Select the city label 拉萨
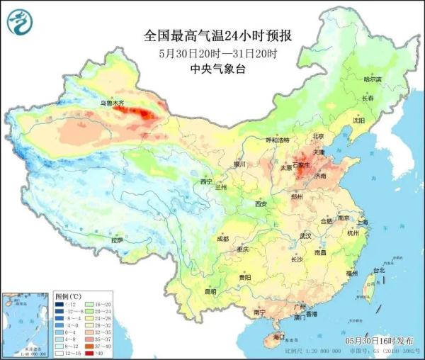click(118, 240)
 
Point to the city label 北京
click(317, 136)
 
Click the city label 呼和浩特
click(277, 140)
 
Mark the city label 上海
click(363, 221)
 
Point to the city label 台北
click(378, 270)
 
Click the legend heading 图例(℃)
click(69, 295)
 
